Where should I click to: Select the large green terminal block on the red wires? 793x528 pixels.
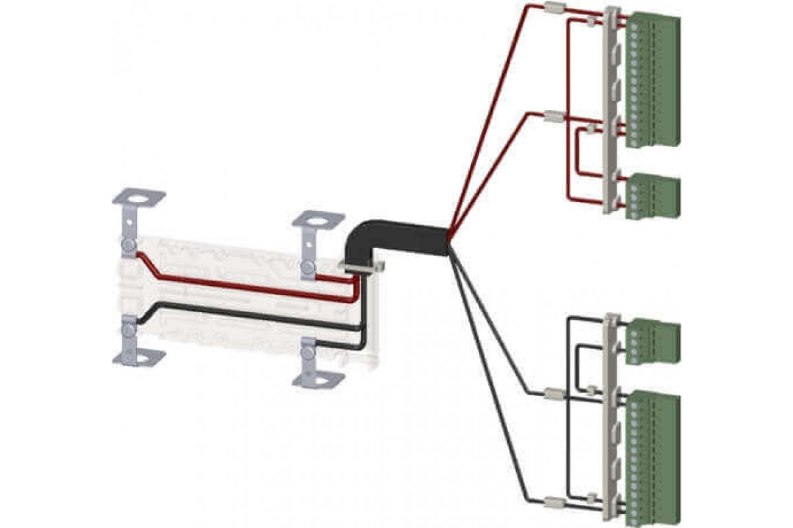pos(652,79)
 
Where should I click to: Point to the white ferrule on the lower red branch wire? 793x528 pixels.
pos(552,118)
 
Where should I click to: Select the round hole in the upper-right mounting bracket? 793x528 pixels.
pos(319,219)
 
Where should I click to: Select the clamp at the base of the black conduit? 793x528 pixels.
pos(363,267)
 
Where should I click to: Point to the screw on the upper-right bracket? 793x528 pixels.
pos(307,267)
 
